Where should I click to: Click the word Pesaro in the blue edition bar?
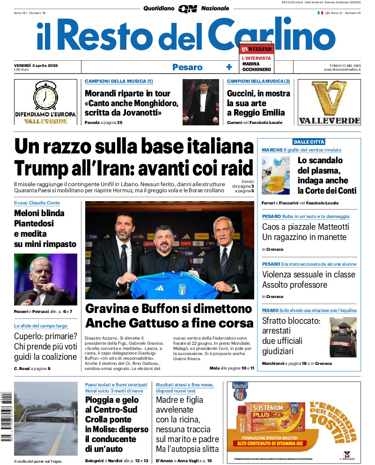[187, 67]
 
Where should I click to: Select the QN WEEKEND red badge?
[256, 49]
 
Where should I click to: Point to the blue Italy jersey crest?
[182, 289]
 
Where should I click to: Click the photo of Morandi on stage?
[200, 102]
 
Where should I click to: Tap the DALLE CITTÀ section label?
[309, 142]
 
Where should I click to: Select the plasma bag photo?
[276, 175]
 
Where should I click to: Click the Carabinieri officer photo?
[343, 337]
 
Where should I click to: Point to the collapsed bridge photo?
[46, 419]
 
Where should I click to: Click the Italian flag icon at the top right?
[320, 13]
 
